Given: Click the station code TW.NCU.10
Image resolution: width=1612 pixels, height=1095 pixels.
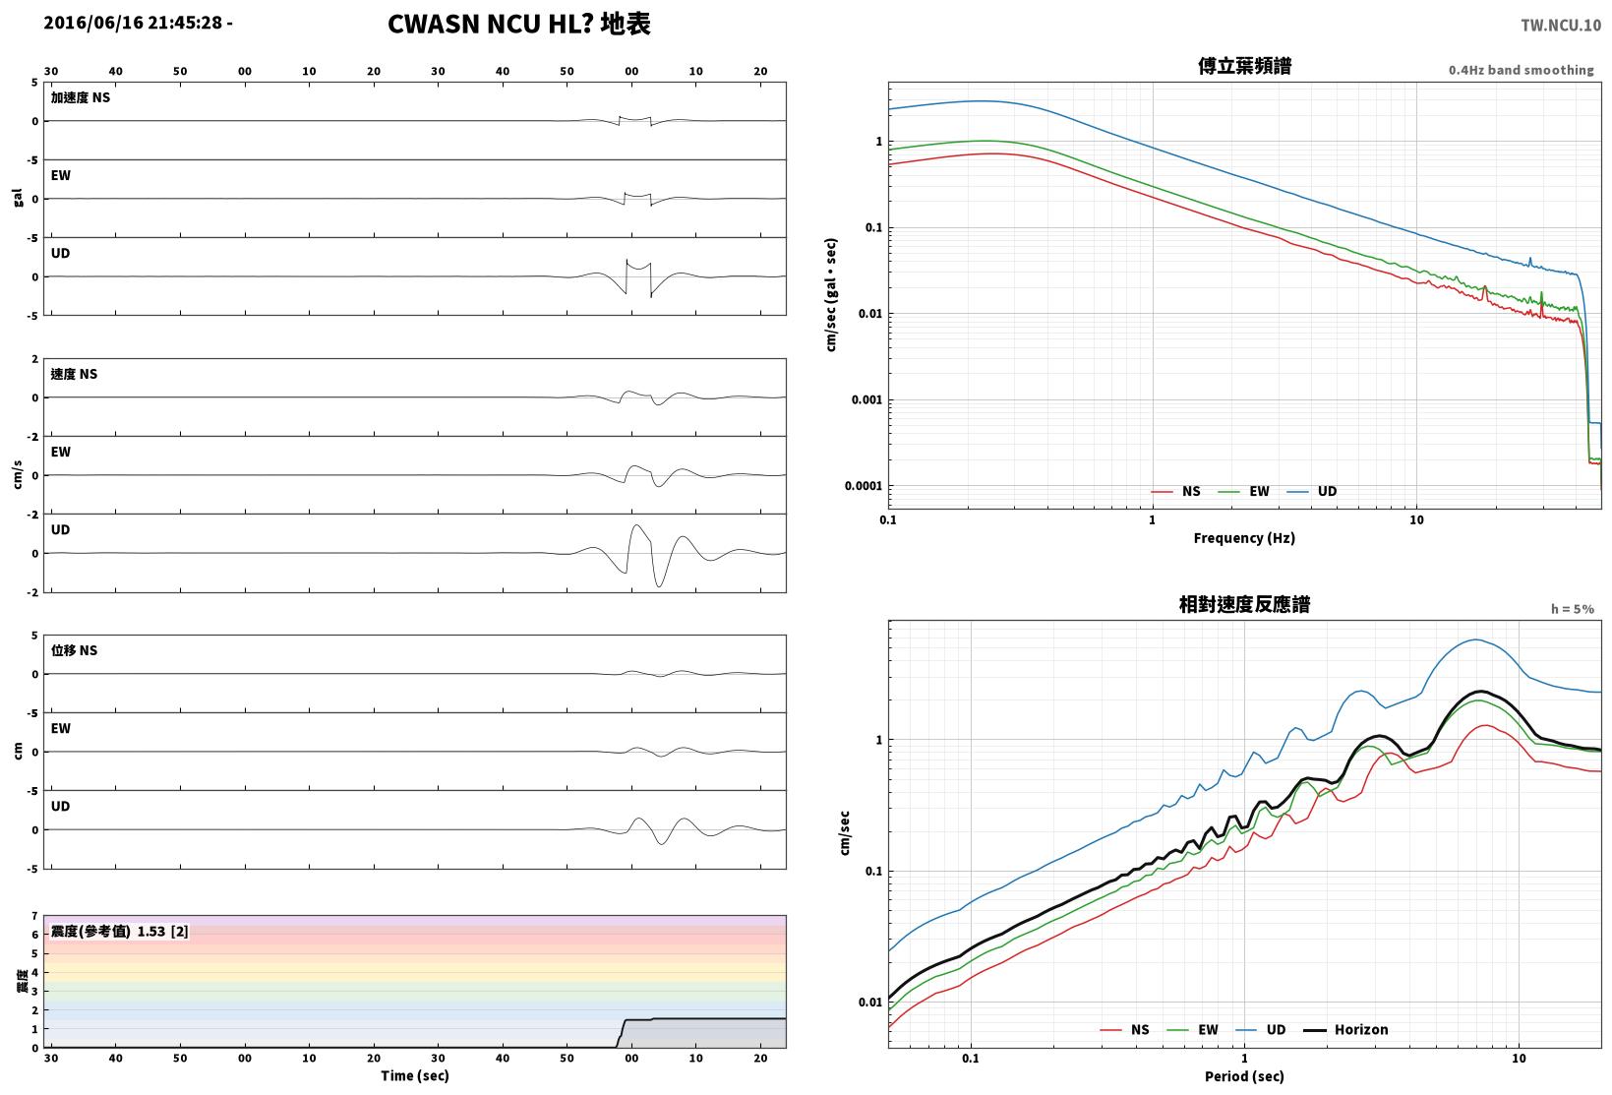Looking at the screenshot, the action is click(x=1560, y=26).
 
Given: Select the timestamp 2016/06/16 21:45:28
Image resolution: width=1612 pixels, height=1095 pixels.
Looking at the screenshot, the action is click(x=133, y=23).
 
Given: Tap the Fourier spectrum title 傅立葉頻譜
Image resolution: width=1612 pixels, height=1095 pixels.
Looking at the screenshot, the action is click(x=1244, y=66).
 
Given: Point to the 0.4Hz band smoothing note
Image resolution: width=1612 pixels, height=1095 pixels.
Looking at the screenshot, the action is click(x=1521, y=70).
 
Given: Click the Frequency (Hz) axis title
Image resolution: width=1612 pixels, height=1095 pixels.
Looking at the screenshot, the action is click(x=1243, y=538).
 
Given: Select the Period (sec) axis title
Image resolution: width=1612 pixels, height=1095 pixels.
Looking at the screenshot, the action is click(x=1243, y=1076).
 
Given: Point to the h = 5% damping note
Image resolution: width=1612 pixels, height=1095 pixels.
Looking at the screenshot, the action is click(x=1572, y=609).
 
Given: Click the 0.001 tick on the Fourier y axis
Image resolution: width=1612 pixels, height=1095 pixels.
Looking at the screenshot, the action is click(x=866, y=399).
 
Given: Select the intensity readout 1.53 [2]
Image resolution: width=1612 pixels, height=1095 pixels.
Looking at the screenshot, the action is click(x=162, y=932).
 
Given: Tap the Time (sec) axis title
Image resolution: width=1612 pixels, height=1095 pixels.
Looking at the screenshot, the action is click(x=414, y=1075).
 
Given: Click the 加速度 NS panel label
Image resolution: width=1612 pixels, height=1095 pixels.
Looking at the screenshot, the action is click(x=80, y=97).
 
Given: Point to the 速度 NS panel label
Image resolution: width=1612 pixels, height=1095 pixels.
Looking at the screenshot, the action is click(x=74, y=374).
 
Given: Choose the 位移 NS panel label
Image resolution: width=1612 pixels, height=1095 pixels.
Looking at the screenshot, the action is click(x=74, y=650).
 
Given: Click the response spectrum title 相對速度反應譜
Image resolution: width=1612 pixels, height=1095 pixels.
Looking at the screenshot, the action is click(x=1244, y=604).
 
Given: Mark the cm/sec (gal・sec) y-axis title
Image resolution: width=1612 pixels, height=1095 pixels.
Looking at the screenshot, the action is click(x=831, y=295).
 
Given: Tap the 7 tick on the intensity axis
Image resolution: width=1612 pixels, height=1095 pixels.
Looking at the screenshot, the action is click(x=34, y=916).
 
